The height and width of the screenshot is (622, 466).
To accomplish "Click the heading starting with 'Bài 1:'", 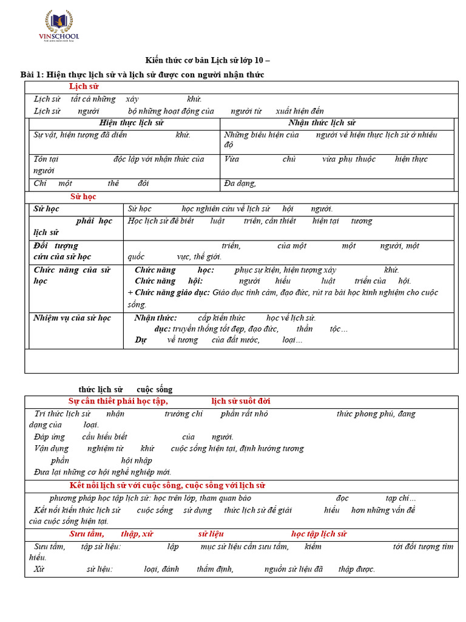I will point(142,74).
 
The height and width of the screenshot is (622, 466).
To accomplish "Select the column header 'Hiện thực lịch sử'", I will point(131,123).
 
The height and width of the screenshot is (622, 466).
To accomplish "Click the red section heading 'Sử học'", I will point(83,197).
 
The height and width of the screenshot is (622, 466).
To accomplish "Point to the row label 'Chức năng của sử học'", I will point(72,275).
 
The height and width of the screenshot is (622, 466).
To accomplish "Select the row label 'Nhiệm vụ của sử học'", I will point(72,318).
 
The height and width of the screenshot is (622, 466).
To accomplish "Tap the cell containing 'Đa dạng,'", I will point(240,183).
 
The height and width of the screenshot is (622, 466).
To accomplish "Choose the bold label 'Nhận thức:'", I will point(155,318).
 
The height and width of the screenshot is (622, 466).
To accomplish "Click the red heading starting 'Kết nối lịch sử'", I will point(167,485).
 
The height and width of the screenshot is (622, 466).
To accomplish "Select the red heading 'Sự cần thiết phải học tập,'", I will point(118,401).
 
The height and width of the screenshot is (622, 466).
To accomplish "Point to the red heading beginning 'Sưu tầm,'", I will point(86,534).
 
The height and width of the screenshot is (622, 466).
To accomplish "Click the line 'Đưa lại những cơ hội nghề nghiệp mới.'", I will point(103,471).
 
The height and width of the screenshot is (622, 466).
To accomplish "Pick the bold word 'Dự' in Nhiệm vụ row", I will point(141,340).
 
